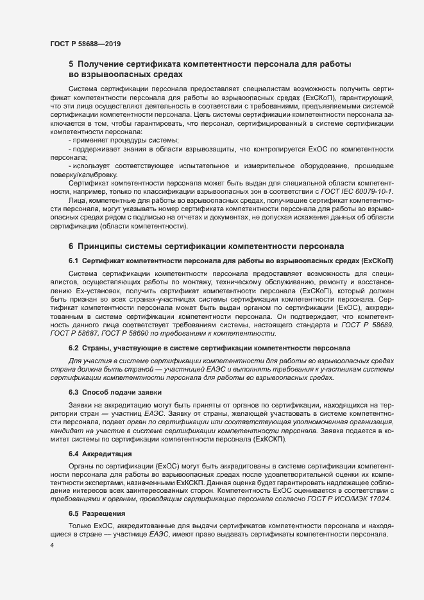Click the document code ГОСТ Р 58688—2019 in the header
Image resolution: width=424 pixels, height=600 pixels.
(85, 44)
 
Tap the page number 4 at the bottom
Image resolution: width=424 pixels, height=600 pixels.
(52, 545)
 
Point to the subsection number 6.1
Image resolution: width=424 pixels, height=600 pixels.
(73, 261)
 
